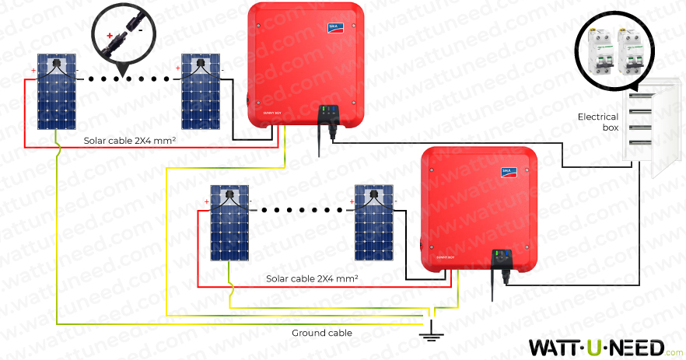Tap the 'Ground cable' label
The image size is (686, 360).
(x=321, y=333)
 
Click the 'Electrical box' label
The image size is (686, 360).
(x=597, y=122)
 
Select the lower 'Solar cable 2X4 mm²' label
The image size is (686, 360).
(x=312, y=278)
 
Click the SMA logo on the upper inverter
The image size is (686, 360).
(x=334, y=28)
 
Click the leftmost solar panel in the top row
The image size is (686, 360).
(x=58, y=92)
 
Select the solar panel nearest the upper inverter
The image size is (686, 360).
(x=200, y=92)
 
